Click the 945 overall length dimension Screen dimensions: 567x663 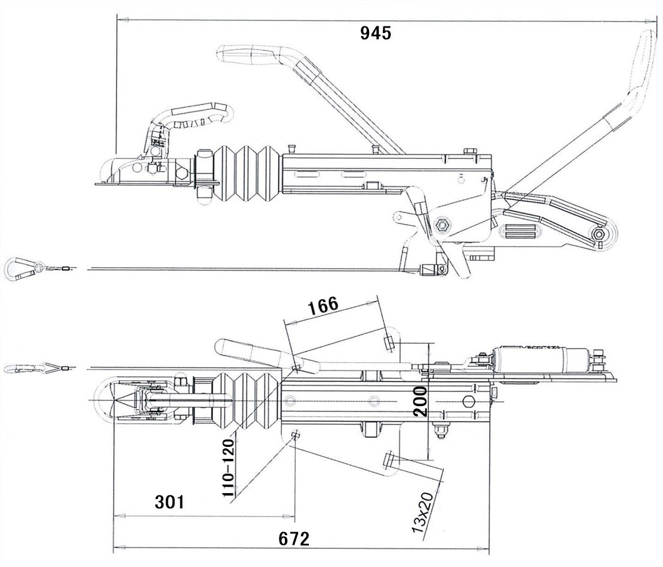pos(376,33)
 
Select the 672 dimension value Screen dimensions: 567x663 pos(294,539)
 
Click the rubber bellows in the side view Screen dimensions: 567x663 pos(246,171)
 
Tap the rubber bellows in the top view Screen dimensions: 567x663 pos(246,401)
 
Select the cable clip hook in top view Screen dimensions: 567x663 pos(23,368)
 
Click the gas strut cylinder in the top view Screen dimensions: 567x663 pos(535,359)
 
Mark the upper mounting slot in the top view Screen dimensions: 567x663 pos(388,343)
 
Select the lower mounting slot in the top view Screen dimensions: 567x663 pos(388,461)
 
